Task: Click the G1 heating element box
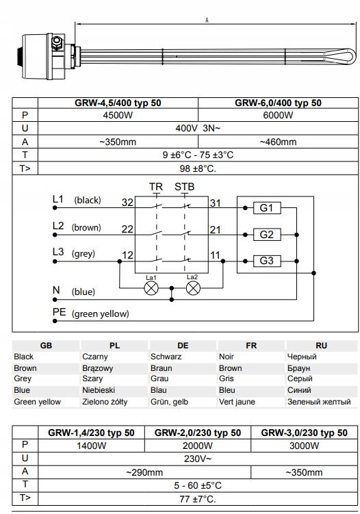pyautogui.click(x=267, y=208)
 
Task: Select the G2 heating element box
pyautogui.click(x=267, y=234)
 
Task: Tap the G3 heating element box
pyautogui.click(x=267, y=261)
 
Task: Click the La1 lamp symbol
pyautogui.click(x=151, y=288)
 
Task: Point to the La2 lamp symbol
pyautogui.click(x=193, y=288)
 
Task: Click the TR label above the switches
pyautogui.click(x=155, y=187)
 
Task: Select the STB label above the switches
pyautogui.click(x=184, y=187)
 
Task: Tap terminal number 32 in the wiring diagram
pyautogui.click(x=127, y=203)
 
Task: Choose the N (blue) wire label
pyautogui.click(x=74, y=291)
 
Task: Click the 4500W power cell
pyautogui.click(x=118, y=115)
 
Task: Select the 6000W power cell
pyautogui.click(x=278, y=115)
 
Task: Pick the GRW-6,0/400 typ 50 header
pyautogui.click(x=278, y=103)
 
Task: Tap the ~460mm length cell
pyautogui.click(x=278, y=142)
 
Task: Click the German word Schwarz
pyautogui.click(x=166, y=357)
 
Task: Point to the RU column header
pyautogui.click(x=321, y=346)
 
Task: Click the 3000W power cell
pyautogui.click(x=303, y=446)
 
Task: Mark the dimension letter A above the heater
pyautogui.click(x=207, y=21)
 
